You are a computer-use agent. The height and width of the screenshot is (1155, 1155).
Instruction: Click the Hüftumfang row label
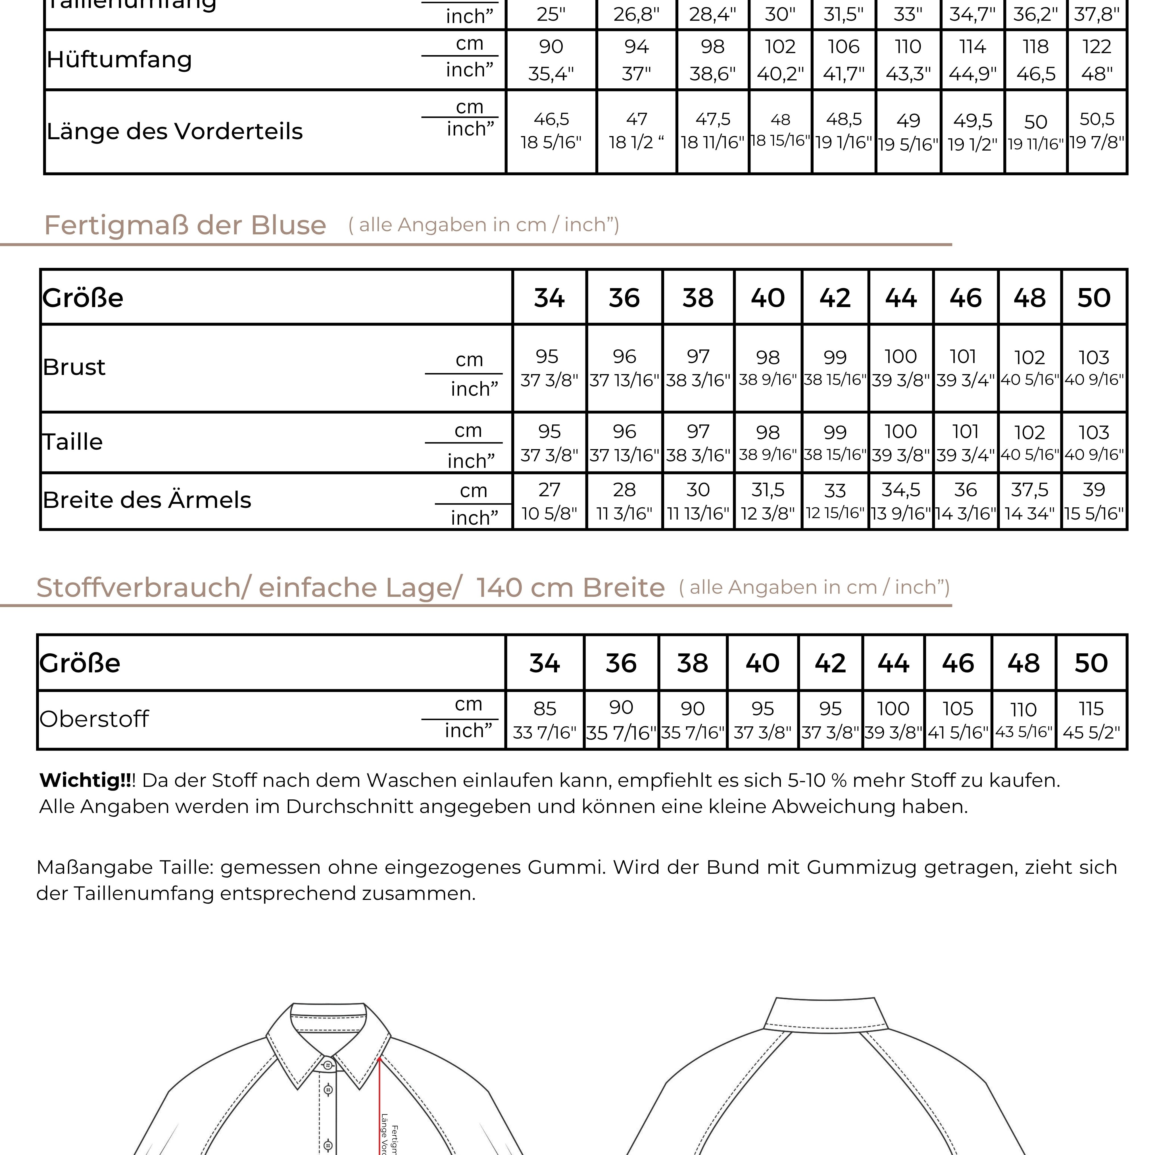pyautogui.click(x=120, y=59)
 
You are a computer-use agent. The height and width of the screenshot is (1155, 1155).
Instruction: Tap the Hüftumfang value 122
pyautogui.click(x=1096, y=47)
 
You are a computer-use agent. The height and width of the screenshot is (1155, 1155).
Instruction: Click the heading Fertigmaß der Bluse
pyautogui.click(x=185, y=225)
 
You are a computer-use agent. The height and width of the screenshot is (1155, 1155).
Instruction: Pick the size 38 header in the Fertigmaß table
pyautogui.click(x=698, y=298)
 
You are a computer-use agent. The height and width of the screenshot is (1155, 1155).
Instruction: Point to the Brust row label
pyautogui.click(x=74, y=367)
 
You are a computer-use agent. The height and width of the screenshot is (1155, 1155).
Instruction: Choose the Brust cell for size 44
pyautogui.click(x=900, y=368)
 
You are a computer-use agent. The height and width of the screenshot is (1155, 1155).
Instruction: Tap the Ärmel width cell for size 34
pyautogui.click(x=549, y=501)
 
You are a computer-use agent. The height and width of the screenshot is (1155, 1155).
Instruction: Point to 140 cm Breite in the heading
pyautogui.click(x=570, y=588)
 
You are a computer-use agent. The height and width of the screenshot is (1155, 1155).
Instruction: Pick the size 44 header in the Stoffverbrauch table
pyautogui.click(x=893, y=663)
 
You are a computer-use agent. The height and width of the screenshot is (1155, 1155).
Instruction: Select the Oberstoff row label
pyautogui.click(x=94, y=719)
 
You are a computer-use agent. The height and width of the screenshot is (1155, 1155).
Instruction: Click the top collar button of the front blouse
pyautogui.click(x=328, y=1065)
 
